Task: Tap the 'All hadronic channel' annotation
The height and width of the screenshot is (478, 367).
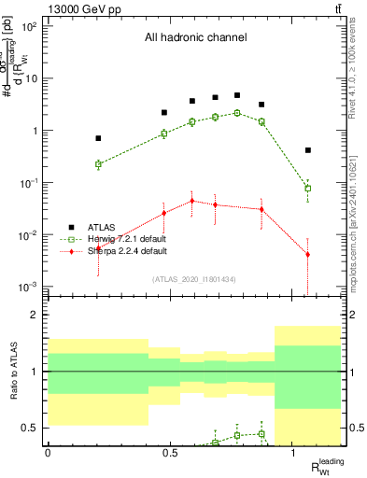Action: point(195,38)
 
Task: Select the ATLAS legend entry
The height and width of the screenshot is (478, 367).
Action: point(103,227)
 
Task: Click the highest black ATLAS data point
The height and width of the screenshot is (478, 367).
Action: point(237,95)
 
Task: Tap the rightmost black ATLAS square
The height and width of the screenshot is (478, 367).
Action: point(308,150)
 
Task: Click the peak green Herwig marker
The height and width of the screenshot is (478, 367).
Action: point(237,113)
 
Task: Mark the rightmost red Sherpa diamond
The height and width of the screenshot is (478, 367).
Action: point(308,255)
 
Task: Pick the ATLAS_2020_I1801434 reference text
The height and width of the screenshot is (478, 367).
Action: point(194,279)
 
